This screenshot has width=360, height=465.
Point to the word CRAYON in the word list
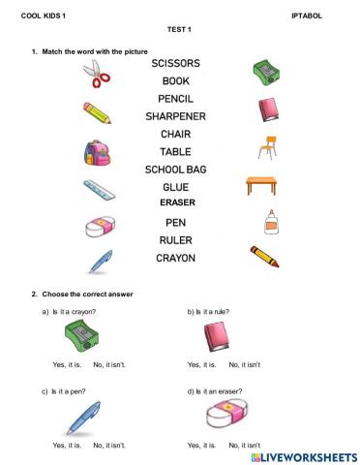175,258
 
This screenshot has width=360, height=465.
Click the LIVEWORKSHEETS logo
303,454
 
